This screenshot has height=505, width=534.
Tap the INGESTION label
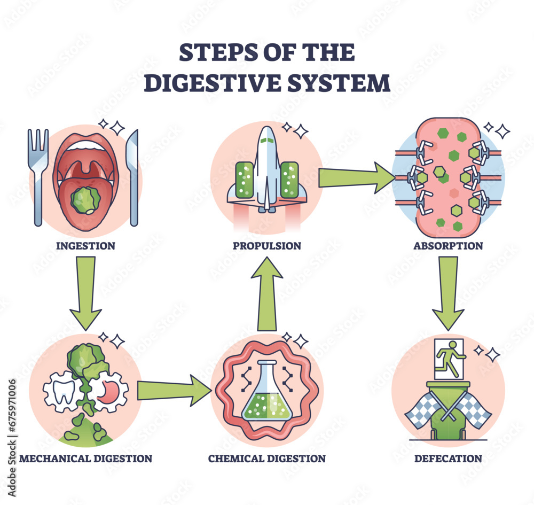tap(85, 246)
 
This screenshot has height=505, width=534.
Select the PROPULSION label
tap(266, 246)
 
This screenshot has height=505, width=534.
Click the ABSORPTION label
tap(448, 246)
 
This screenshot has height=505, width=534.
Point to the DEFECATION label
tap(448, 458)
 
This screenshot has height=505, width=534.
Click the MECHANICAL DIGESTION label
tap(85, 458)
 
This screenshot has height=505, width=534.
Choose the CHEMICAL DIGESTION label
tap(266, 458)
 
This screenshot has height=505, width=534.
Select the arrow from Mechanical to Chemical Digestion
tap(174, 391)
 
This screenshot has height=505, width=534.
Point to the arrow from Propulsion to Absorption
tap(355, 177)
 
